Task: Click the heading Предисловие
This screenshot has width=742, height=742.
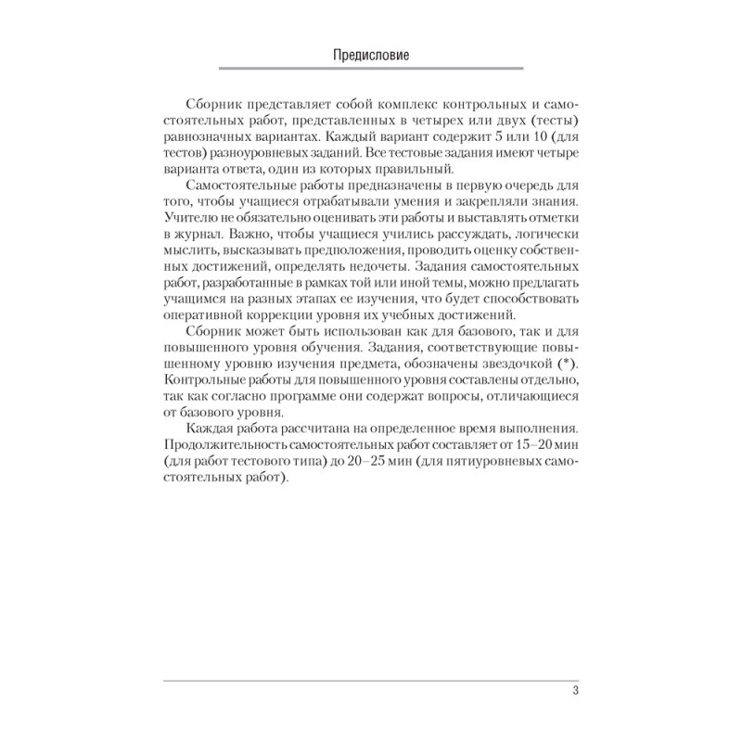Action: tap(371, 55)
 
